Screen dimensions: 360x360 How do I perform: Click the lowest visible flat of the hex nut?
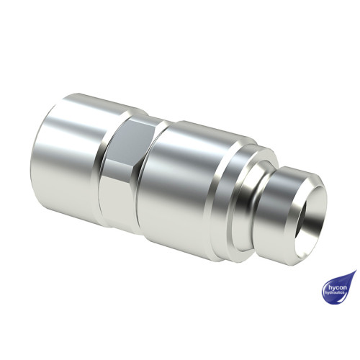(x=115, y=209)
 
